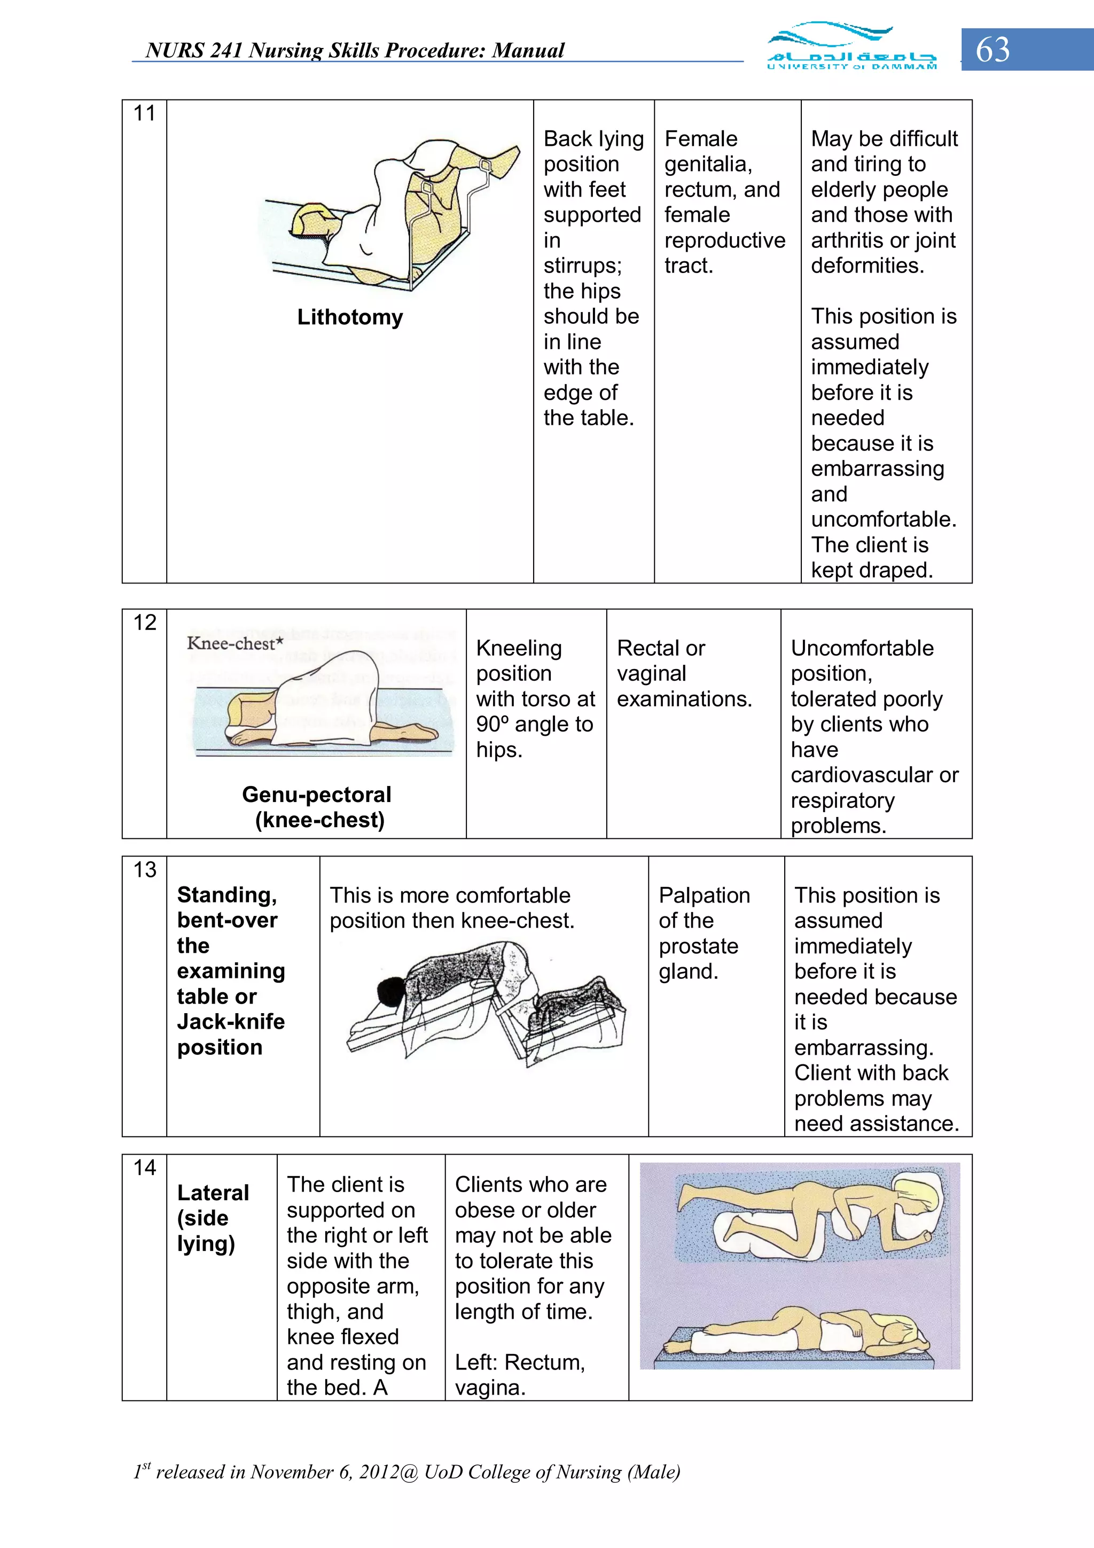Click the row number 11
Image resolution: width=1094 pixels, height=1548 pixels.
144,113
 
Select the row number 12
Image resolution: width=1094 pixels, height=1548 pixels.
144,623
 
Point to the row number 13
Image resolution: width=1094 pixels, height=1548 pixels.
144,870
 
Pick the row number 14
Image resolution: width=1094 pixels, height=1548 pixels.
144,1168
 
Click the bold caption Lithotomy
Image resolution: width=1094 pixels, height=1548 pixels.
350,317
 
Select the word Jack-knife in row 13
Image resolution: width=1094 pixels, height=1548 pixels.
231,1022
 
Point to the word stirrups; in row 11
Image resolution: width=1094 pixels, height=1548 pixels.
582,266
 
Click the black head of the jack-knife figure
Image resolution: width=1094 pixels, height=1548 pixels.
390,992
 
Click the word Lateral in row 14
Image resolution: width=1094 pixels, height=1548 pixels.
213,1193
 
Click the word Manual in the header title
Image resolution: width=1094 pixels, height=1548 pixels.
528,51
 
